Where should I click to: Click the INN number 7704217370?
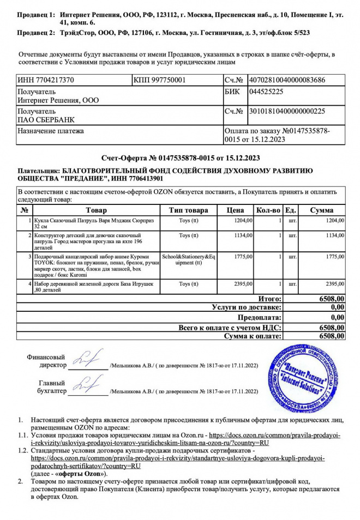pos(46,80)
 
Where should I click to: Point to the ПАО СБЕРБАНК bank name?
pos(46,120)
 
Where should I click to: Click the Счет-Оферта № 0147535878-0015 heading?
pos(180,158)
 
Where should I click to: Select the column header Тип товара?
pos(189,210)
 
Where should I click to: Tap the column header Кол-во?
pos(268,210)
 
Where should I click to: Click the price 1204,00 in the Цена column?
pos(243,220)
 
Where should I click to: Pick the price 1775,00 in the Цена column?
pos(243,256)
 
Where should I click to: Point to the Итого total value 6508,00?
pos(332,299)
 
